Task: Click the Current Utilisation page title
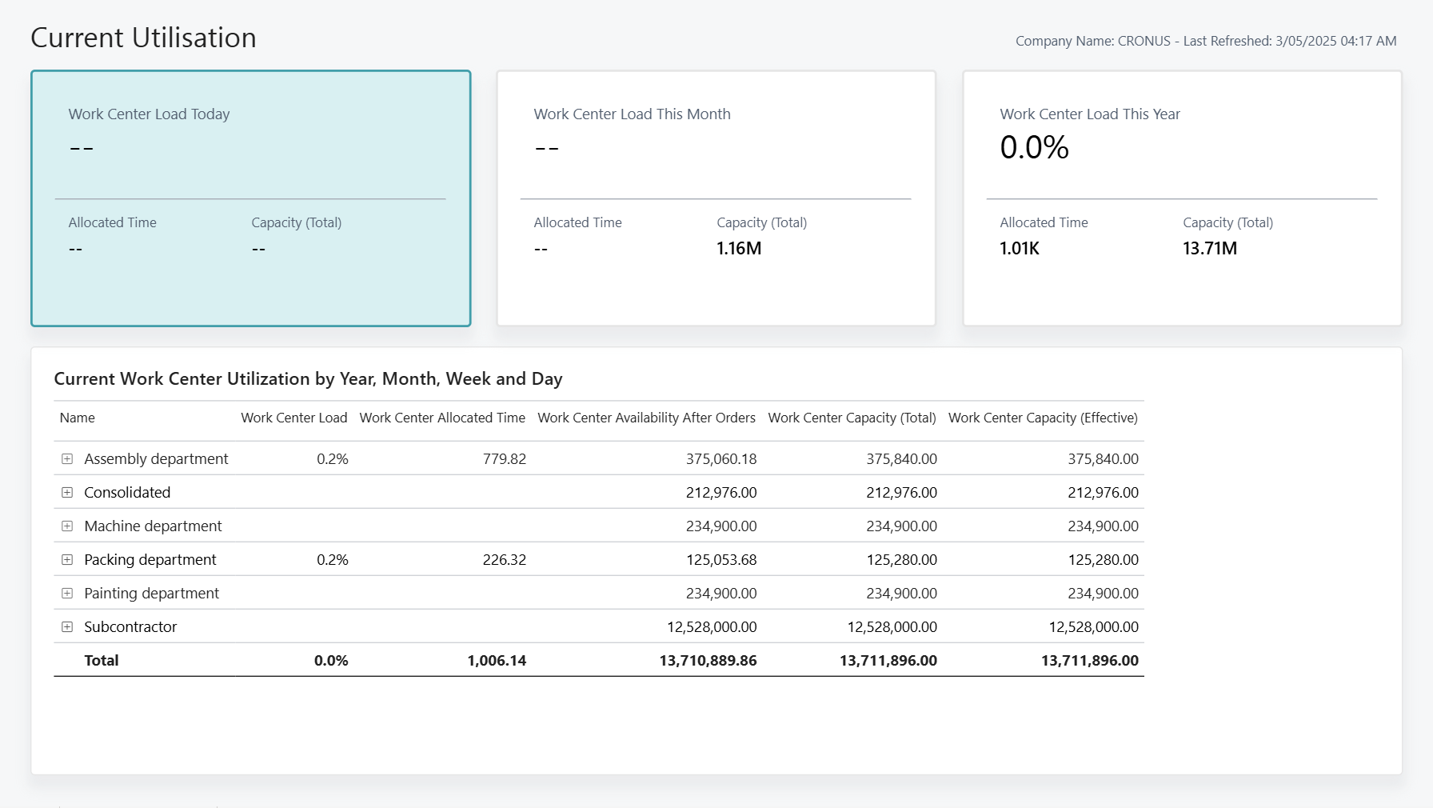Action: point(143,38)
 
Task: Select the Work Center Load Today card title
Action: point(149,114)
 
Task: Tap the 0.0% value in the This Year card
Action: point(1033,147)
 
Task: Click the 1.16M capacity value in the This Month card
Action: point(738,249)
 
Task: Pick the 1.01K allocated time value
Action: point(1019,249)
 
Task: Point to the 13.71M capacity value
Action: point(1209,249)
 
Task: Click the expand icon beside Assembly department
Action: point(67,459)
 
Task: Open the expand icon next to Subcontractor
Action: point(67,627)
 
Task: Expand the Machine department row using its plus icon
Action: point(67,526)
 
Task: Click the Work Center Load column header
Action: point(293,418)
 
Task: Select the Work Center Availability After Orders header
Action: point(646,418)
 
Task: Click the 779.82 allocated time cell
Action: point(504,459)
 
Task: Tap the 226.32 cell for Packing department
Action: point(504,560)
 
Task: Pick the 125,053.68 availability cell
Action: point(720,560)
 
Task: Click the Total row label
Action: point(102,661)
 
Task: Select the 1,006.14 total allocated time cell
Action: point(497,661)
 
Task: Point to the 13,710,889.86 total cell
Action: point(708,661)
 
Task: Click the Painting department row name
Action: point(151,594)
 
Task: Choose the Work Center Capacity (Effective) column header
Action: point(1043,418)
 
